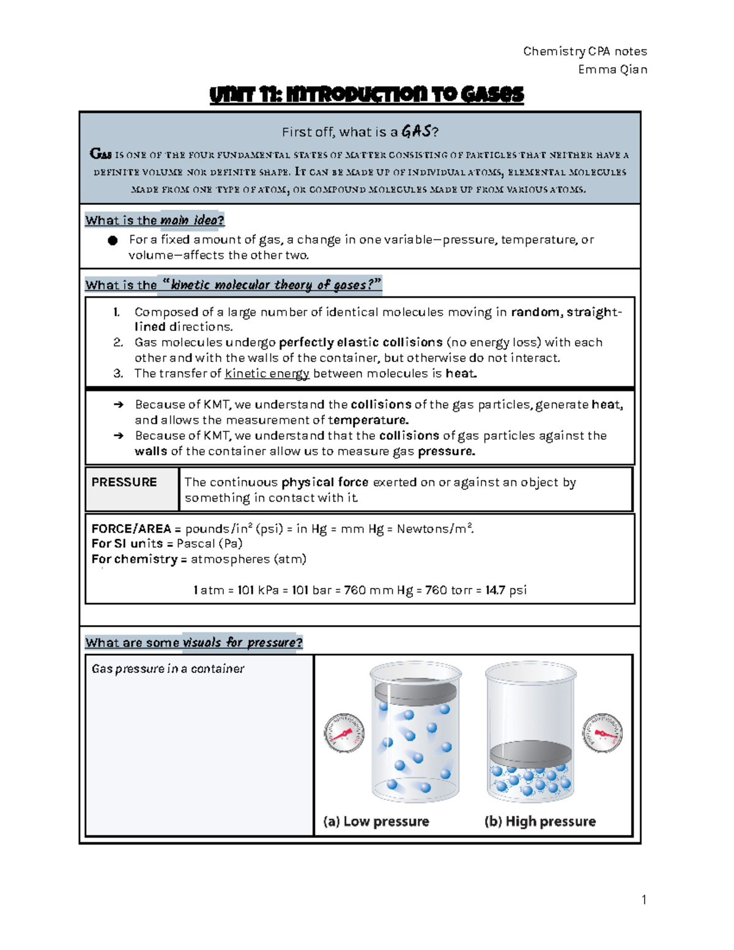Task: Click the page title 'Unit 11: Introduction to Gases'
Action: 366,95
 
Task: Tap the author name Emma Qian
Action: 612,69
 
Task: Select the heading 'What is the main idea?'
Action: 155,220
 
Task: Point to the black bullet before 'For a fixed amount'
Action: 113,240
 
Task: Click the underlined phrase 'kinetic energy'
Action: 267,374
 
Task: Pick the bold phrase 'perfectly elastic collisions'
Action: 360,343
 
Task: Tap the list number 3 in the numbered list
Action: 118,374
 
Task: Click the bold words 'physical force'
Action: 325,483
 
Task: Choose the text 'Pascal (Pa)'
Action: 210,544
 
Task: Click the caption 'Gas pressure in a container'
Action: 168,669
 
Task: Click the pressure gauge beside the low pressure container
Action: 344,733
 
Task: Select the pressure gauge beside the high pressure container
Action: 602,732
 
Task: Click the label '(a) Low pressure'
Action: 376,822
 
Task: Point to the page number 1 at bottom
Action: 643,899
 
